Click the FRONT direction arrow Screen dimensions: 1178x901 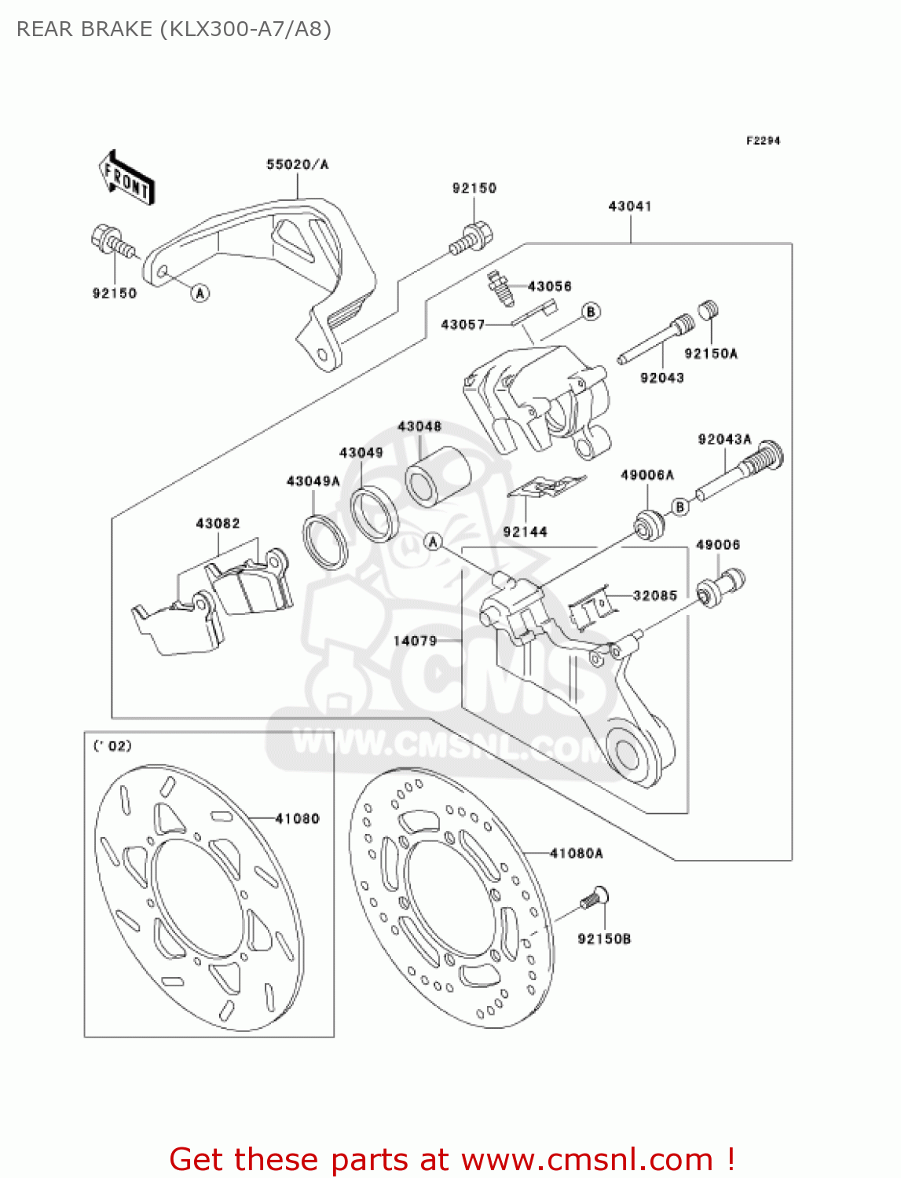point(126,178)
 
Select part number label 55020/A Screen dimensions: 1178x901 point(297,164)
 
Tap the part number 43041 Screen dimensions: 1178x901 point(629,206)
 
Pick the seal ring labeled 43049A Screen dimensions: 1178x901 point(325,541)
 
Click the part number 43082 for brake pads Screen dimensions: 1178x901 point(218,523)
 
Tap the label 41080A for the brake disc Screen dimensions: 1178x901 point(576,853)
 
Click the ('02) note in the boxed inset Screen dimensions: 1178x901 point(113,745)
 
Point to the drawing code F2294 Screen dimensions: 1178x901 point(763,141)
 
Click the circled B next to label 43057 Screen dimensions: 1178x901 point(591,312)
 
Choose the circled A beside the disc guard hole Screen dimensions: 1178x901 point(200,293)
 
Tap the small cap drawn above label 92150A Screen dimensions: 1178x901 point(709,309)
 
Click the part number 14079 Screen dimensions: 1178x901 point(415,641)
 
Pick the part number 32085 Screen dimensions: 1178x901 point(654,595)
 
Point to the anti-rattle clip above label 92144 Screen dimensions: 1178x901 point(545,488)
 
